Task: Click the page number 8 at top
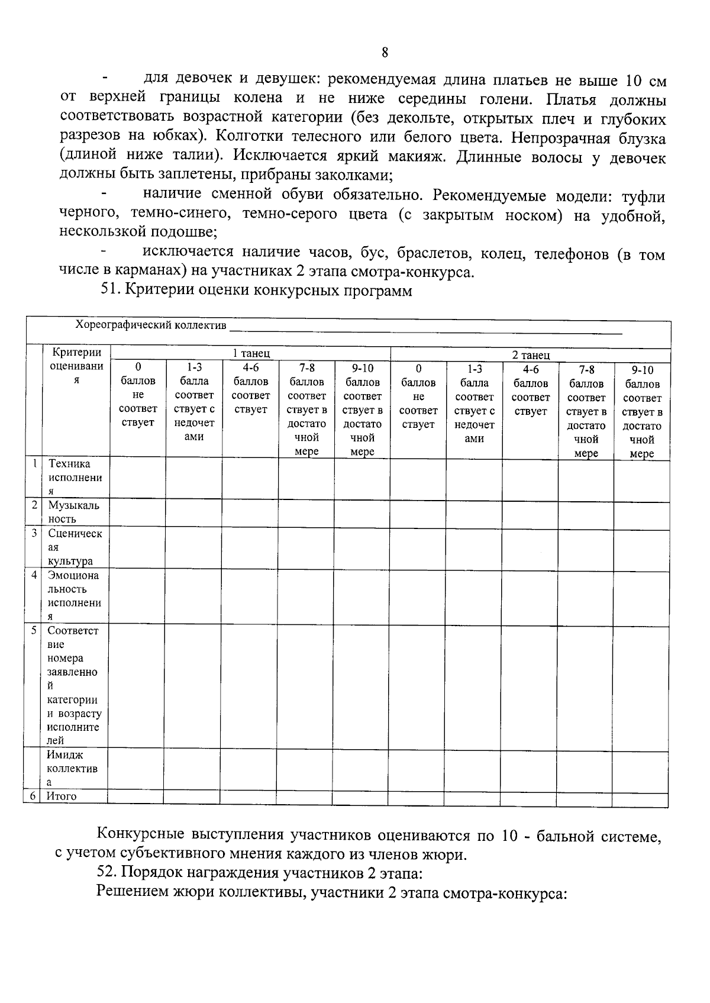pyautogui.click(x=385, y=53)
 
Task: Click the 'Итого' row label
pyautogui.click(x=62, y=796)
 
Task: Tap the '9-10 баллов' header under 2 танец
pyautogui.click(x=642, y=411)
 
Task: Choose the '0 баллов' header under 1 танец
pyautogui.click(x=138, y=394)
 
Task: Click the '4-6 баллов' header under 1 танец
pyautogui.click(x=250, y=388)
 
